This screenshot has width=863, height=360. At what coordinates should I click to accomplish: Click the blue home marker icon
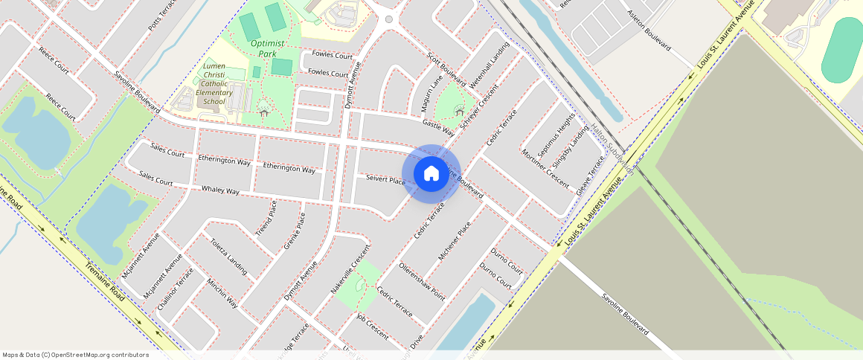point(431,174)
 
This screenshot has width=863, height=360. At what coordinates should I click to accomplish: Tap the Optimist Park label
point(267,48)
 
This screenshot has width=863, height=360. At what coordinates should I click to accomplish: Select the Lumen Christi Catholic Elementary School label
point(214,84)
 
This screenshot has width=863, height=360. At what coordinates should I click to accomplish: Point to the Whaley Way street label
point(221,190)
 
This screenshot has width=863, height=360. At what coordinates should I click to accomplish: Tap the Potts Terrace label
point(162,14)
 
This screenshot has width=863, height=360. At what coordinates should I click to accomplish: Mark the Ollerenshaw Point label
point(422,280)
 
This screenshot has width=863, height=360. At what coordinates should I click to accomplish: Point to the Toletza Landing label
point(228,256)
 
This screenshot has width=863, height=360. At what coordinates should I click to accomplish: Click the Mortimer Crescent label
point(545,167)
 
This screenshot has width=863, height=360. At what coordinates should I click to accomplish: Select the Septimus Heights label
point(556,138)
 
